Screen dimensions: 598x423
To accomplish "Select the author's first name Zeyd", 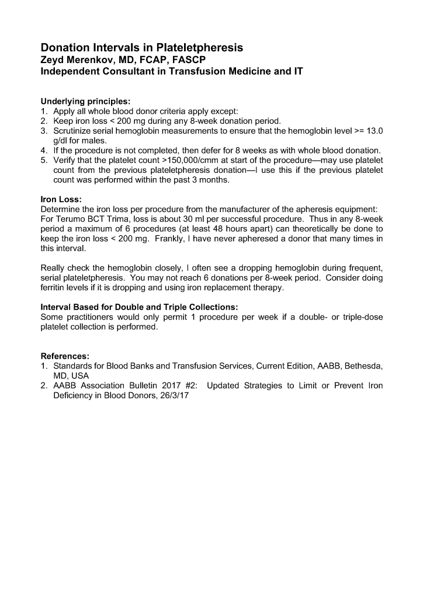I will (x=53, y=60).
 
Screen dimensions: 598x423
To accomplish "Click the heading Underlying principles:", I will (x=85, y=100).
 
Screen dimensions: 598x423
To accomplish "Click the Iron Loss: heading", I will (x=61, y=199).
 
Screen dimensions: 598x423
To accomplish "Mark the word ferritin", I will (x=53, y=288).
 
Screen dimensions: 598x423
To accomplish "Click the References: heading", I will (x=65, y=356).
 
